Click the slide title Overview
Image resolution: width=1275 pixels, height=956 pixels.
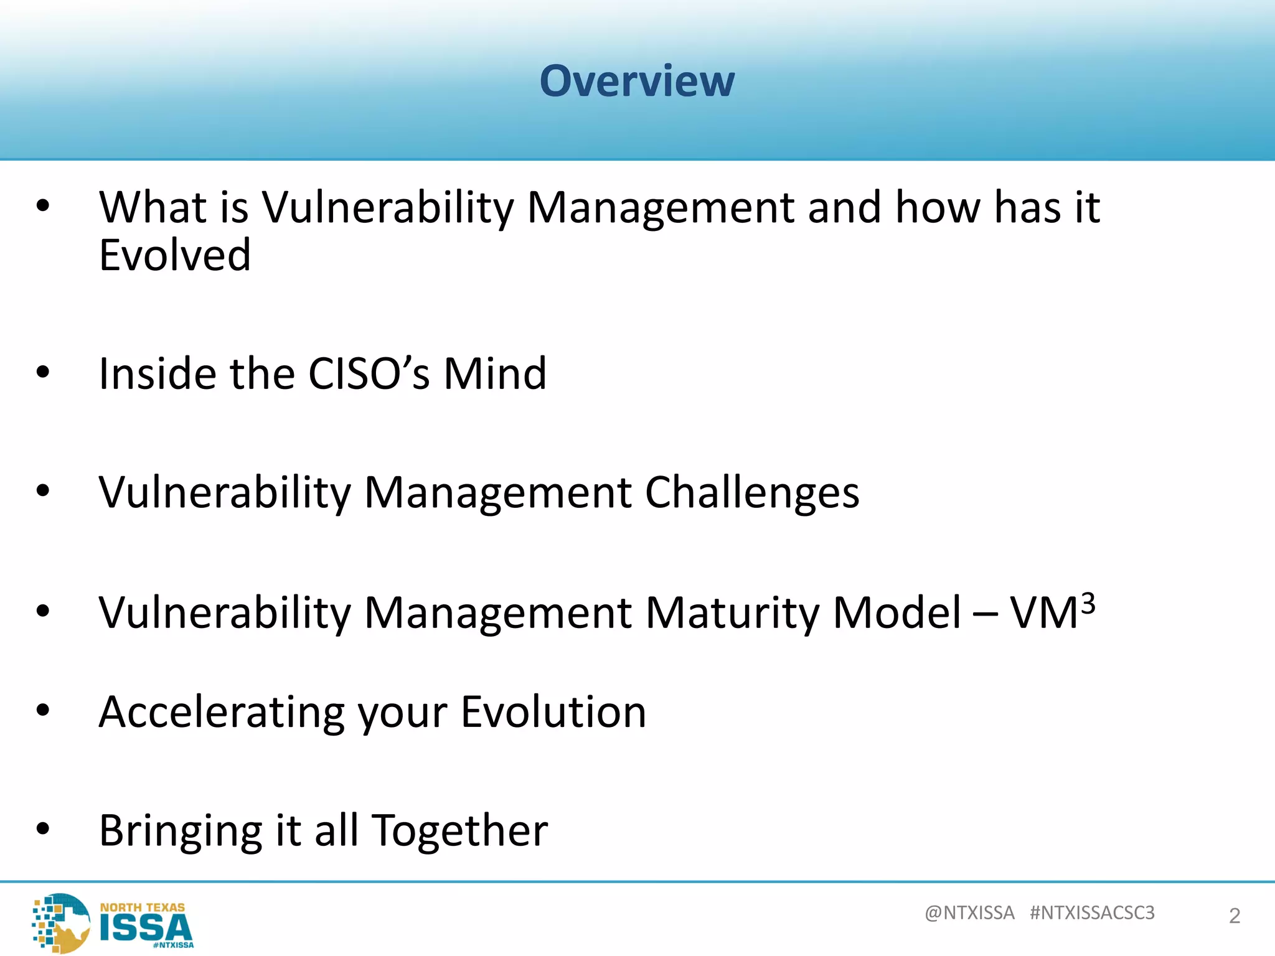(x=637, y=81)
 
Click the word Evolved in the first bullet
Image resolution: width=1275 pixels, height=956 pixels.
(x=175, y=255)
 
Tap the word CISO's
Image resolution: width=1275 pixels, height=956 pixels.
(x=369, y=373)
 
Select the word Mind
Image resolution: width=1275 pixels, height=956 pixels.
(x=495, y=373)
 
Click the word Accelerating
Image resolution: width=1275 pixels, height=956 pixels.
(x=221, y=712)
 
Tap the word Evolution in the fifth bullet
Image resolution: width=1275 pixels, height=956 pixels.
(x=553, y=712)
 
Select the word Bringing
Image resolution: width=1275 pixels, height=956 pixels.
(x=181, y=832)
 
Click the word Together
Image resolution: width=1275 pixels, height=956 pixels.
(x=460, y=832)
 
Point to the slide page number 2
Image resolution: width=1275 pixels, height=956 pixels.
(x=1235, y=916)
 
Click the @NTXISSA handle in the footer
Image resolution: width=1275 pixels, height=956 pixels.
(x=969, y=912)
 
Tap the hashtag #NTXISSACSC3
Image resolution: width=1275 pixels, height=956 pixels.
(x=1092, y=912)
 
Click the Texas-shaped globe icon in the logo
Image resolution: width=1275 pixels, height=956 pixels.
(x=62, y=922)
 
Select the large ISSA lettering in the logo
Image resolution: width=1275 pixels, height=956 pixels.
(x=146, y=928)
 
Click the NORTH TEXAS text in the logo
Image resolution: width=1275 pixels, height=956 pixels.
(x=143, y=907)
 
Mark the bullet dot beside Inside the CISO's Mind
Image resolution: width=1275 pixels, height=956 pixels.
(x=42, y=372)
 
